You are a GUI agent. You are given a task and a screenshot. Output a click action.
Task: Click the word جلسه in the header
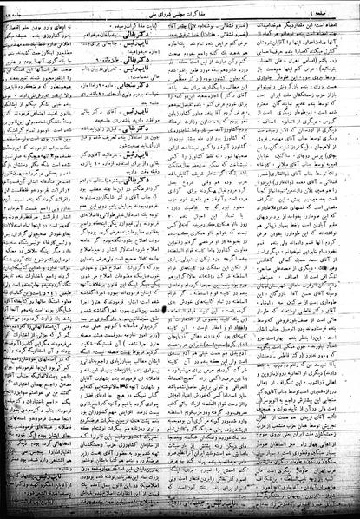[23, 9]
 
